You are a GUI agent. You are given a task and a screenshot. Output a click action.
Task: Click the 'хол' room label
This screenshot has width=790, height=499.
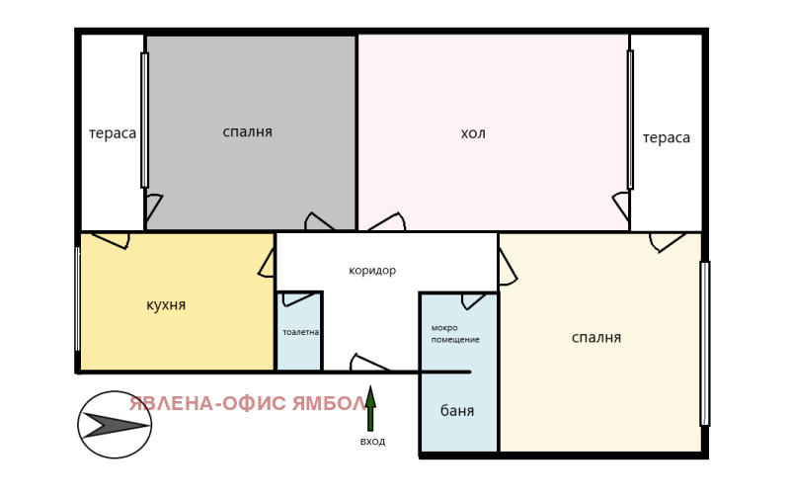(x=473, y=133)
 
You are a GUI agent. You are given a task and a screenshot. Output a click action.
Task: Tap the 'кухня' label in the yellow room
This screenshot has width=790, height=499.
(x=166, y=304)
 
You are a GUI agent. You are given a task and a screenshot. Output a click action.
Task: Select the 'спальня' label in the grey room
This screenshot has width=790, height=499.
(x=248, y=131)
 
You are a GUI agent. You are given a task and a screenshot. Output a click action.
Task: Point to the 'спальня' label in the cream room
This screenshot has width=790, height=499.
(x=596, y=337)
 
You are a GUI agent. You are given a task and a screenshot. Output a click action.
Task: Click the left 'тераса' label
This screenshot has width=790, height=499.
(x=113, y=133)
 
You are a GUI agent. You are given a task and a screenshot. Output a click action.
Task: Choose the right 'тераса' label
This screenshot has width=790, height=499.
(x=667, y=137)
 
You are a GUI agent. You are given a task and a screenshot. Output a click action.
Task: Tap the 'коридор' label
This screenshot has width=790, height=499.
(x=372, y=270)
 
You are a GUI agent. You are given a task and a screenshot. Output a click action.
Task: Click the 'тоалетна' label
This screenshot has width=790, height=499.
(x=300, y=332)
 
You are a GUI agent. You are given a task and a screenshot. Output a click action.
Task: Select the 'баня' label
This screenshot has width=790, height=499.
(x=457, y=411)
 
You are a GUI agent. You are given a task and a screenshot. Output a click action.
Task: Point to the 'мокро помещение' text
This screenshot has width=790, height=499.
(x=455, y=333)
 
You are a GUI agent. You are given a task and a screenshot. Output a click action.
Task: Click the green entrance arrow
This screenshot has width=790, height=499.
(x=370, y=408)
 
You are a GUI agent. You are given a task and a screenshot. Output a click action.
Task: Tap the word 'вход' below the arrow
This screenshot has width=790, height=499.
(x=372, y=441)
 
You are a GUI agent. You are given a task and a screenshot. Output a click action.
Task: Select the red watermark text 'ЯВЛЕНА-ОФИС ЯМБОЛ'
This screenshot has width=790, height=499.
(x=248, y=403)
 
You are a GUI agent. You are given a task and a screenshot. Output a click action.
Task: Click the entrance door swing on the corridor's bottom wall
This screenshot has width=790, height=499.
(x=369, y=363)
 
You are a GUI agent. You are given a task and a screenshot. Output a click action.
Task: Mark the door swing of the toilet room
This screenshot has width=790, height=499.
(x=297, y=297)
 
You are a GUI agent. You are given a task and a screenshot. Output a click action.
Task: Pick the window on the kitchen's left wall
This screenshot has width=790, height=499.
(x=77, y=298)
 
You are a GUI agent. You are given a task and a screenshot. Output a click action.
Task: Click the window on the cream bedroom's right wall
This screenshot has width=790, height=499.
(x=704, y=343)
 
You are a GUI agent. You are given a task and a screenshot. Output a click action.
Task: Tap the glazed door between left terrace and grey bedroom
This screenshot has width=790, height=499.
(x=144, y=120)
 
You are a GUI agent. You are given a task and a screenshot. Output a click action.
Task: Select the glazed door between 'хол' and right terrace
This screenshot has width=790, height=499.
(x=630, y=120)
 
